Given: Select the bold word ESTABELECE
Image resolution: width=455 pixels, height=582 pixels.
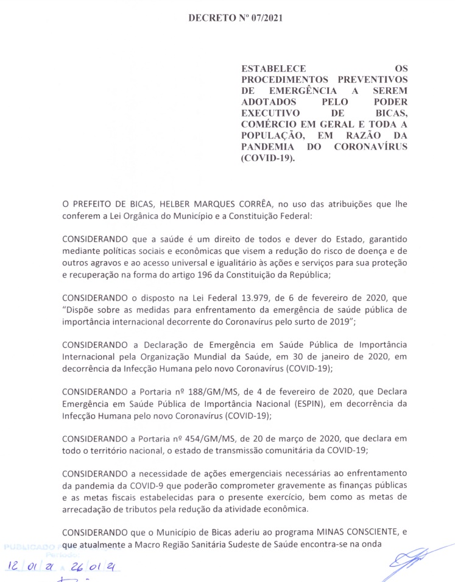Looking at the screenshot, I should pyautogui.click(x=273, y=69).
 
